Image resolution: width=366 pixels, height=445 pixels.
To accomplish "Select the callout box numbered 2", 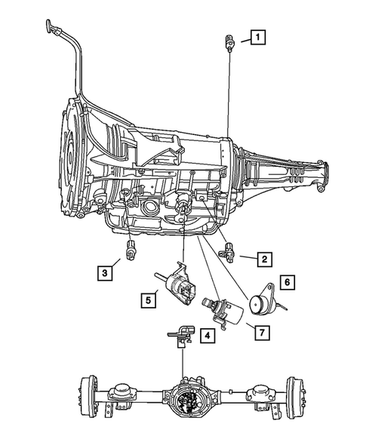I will click(263, 260).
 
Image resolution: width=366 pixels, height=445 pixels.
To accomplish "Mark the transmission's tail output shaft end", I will click(324, 166).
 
